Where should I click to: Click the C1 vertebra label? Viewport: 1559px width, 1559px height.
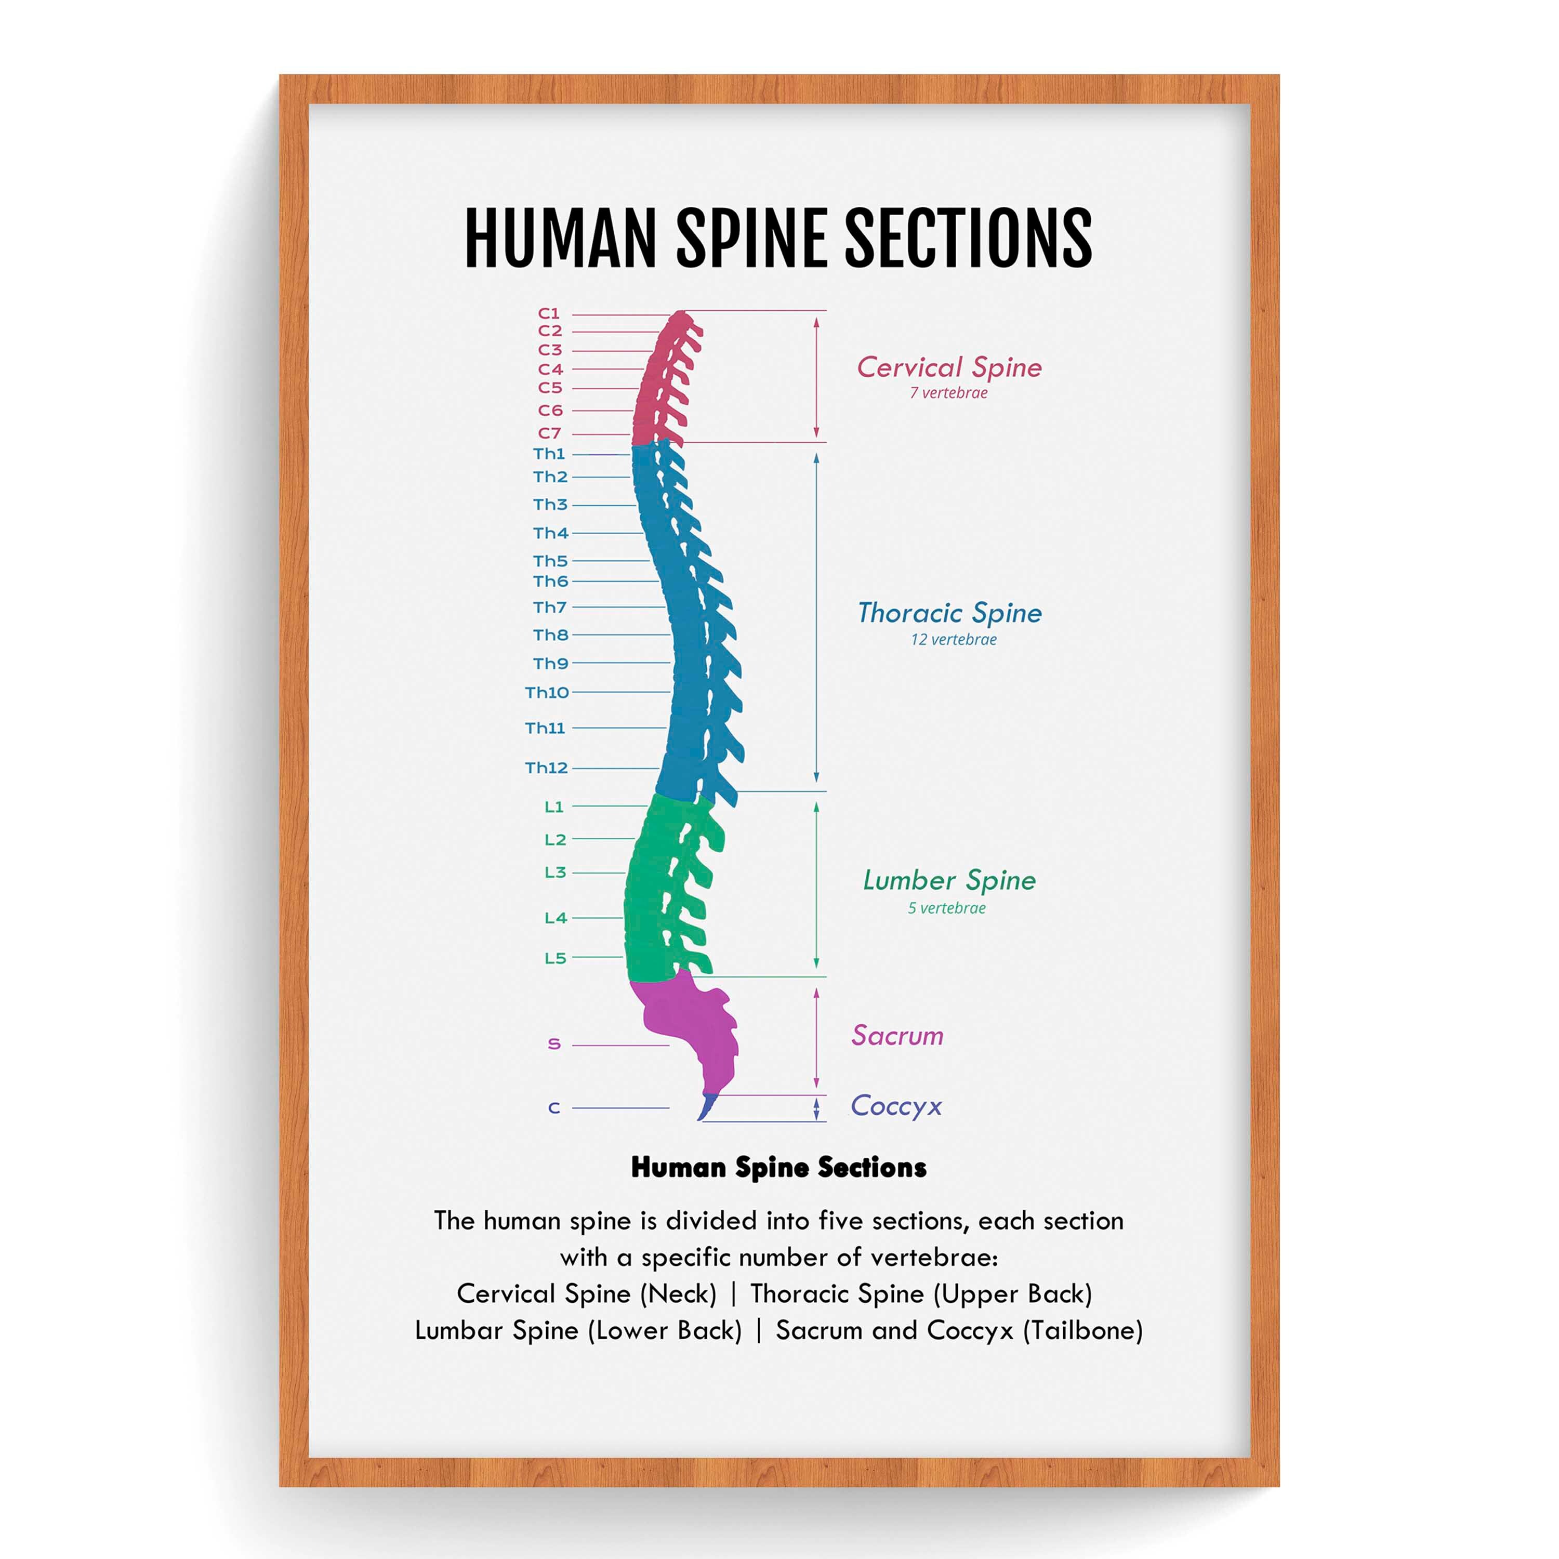tap(549, 313)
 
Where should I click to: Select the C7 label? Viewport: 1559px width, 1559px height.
tap(549, 433)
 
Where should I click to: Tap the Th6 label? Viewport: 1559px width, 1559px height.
tap(550, 581)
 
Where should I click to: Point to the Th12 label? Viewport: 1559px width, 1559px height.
tap(546, 768)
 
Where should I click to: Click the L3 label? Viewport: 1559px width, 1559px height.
tap(555, 873)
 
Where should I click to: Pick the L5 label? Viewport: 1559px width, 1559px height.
tap(555, 958)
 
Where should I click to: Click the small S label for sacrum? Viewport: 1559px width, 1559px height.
tap(553, 1044)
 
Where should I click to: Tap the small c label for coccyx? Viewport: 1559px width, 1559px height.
tap(553, 1108)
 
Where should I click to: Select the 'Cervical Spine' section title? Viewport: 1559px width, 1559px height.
tap(949, 368)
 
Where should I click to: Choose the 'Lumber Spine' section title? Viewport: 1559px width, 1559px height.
tap(949, 880)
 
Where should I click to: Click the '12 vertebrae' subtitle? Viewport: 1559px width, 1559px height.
tap(953, 640)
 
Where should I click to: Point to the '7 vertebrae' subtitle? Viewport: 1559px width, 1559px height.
tap(948, 393)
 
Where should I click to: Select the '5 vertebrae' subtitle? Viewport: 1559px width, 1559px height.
tap(946, 908)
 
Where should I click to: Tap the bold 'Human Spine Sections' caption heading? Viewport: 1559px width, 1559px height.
tap(778, 1168)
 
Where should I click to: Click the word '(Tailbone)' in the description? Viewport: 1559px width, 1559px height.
tap(1083, 1331)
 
